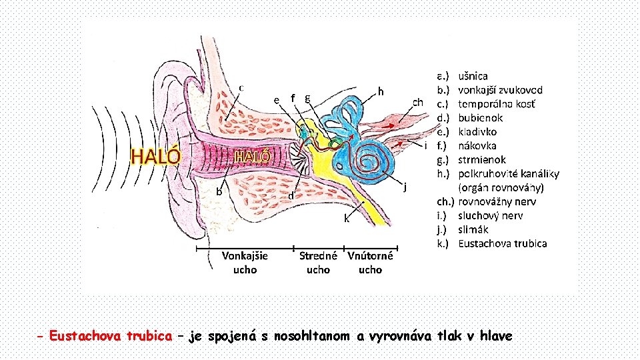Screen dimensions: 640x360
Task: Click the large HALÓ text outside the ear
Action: pos(155,156)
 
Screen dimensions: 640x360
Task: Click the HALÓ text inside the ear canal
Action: pos(253,157)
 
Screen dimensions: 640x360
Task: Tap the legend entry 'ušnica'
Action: pos(473,76)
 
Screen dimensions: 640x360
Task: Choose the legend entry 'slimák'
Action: pos(474,229)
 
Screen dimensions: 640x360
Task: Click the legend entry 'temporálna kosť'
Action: pos(496,104)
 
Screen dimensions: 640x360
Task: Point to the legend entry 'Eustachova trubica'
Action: pos(502,243)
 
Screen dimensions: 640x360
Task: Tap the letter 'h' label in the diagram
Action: pos(381,91)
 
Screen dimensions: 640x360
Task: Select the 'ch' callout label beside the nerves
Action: pos(417,102)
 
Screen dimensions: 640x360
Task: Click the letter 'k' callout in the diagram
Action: pos(346,218)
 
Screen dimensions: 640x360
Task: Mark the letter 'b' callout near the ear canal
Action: pos(219,191)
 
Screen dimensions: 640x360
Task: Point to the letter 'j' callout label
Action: pos(405,186)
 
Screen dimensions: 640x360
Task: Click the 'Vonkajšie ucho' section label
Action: pos(245,262)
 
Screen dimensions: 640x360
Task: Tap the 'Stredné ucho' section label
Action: pos(318,262)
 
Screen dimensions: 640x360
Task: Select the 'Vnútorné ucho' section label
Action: pos(370,262)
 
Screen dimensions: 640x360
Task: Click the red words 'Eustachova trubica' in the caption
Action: pos(111,336)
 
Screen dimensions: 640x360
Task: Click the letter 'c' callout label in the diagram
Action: pos(241,87)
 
